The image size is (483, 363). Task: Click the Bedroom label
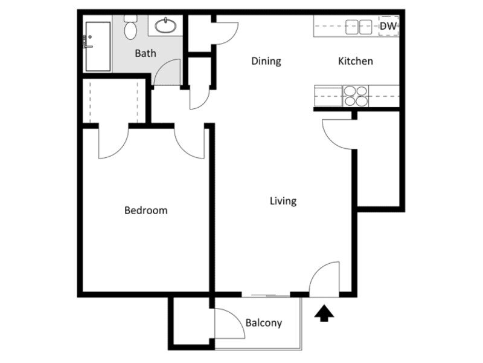pos(146,211)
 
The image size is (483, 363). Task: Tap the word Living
pos(283,201)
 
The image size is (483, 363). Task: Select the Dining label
pos(266,61)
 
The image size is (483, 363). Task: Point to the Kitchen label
pos(355,61)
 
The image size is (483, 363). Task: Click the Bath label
pos(145,53)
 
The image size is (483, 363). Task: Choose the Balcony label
pos(264,322)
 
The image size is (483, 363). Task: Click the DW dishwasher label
pos(388,26)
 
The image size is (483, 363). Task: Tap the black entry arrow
pos(325,313)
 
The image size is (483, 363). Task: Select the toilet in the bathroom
pos(130,28)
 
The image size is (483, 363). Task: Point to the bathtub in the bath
pos(98,47)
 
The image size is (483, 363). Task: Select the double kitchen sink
pos(359,26)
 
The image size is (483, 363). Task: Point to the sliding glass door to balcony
pos(266,295)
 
